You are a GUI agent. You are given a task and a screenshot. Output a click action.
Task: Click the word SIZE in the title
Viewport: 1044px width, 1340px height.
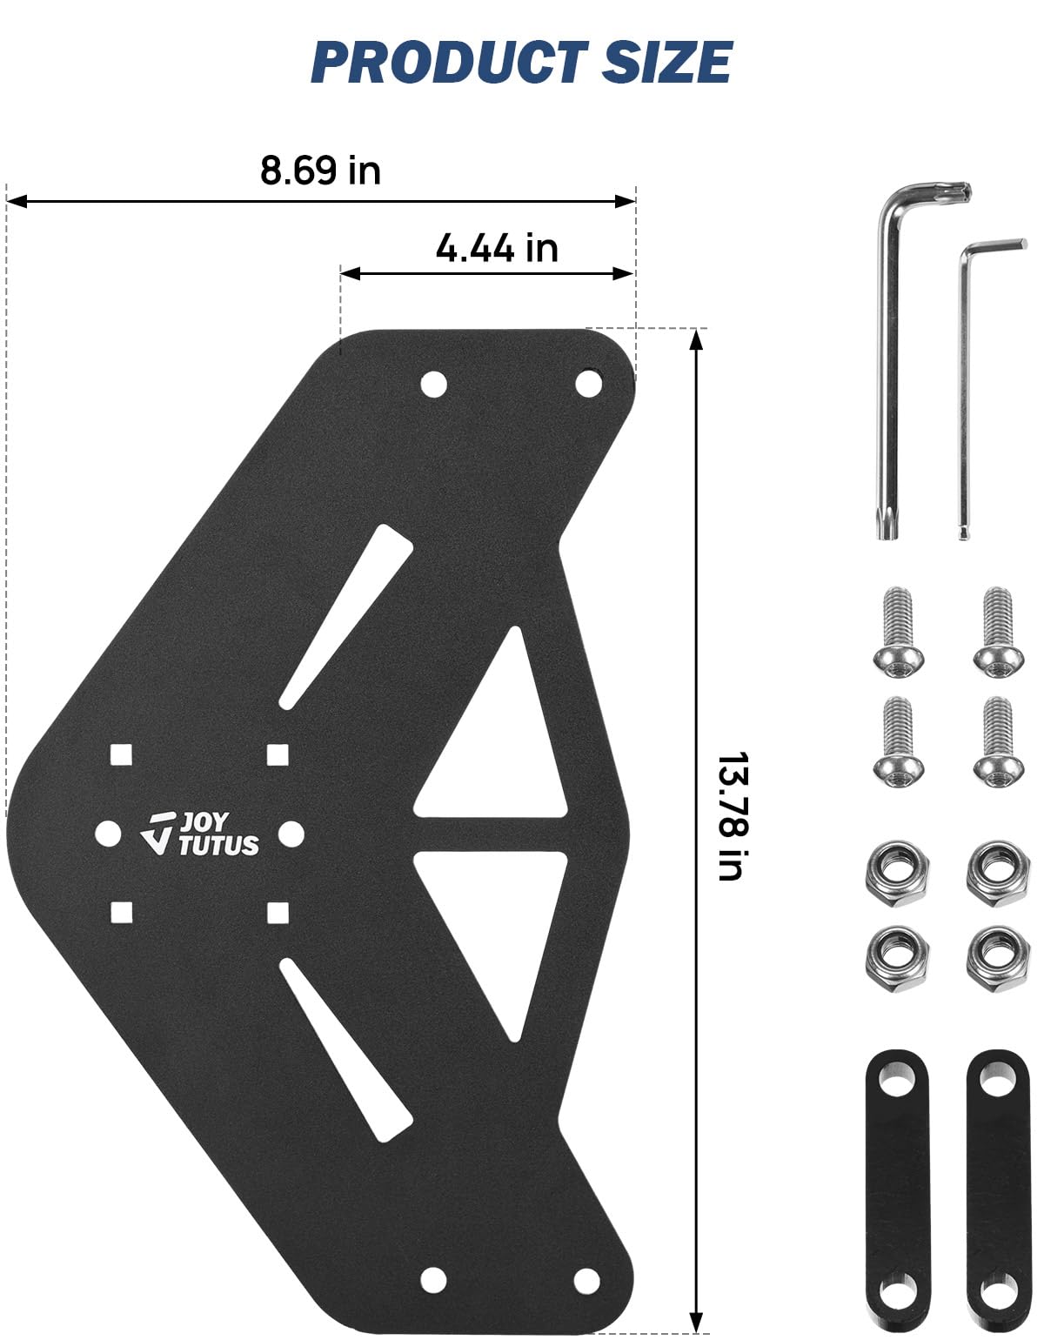[666, 62]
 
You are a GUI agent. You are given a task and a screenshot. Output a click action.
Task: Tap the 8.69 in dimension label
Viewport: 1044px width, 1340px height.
[320, 171]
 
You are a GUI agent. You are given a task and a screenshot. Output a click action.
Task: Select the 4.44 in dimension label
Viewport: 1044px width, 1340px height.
[497, 248]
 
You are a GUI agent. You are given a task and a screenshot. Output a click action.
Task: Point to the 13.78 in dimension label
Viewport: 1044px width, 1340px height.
[733, 816]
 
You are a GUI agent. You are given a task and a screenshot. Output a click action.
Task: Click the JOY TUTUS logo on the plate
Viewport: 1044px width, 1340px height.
[200, 834]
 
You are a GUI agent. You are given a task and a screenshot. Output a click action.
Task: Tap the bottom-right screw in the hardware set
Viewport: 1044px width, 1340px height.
[999, 742]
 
